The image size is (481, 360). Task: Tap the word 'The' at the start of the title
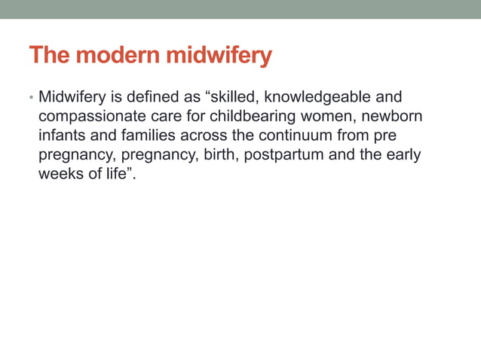[51, 56]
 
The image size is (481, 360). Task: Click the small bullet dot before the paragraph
[32, 99]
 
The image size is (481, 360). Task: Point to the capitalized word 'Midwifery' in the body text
[72, 97]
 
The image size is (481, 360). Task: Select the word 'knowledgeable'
[317, 97]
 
